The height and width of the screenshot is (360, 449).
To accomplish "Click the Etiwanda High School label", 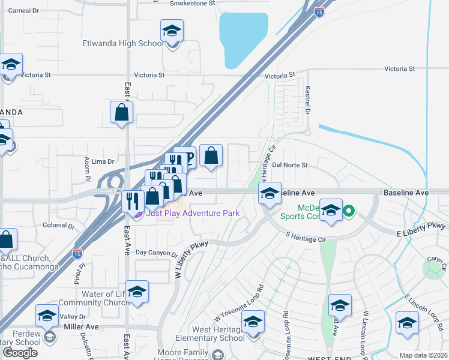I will pos(122,44).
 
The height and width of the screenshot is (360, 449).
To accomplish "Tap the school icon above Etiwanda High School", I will pos(172,31).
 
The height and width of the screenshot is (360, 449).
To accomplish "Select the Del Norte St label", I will pos(289,165).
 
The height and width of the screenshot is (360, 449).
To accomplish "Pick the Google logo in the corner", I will pos(20,353).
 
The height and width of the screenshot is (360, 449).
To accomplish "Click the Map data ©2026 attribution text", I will pos(423,355).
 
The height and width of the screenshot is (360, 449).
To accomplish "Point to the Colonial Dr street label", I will pos(58,226).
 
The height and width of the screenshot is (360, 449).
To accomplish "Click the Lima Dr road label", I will pos(103,162).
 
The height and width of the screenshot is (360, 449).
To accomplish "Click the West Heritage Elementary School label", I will pos(218,334).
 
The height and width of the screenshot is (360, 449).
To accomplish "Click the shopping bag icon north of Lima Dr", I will pos(121,113).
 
